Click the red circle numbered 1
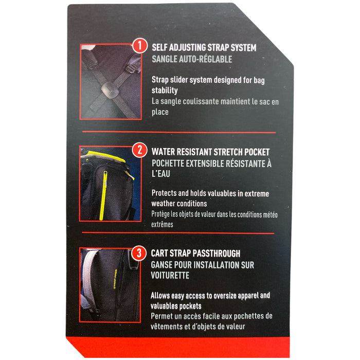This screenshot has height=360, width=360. click(x=139, y=45)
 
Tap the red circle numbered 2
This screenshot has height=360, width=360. click(x=139, y=150)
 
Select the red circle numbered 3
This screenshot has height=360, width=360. click(x=139, y=253)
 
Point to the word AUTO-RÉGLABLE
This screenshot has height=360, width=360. click(x=205, y=59)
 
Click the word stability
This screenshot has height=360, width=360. click(x=165, y=91)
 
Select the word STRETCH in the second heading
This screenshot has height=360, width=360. click(x=228, y=152)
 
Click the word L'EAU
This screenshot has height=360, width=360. click(x=160, y=174)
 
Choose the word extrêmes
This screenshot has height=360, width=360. click(x=162, y=224)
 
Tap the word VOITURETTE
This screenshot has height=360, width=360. click(x=170, y=275)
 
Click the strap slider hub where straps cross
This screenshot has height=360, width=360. click(x=110, y=90)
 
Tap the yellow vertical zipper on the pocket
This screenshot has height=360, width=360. click(x=103, y=195)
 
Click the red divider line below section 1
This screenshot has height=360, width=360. click(x=179, y=132)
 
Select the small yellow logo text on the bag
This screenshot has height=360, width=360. click(x=116, y=279)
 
